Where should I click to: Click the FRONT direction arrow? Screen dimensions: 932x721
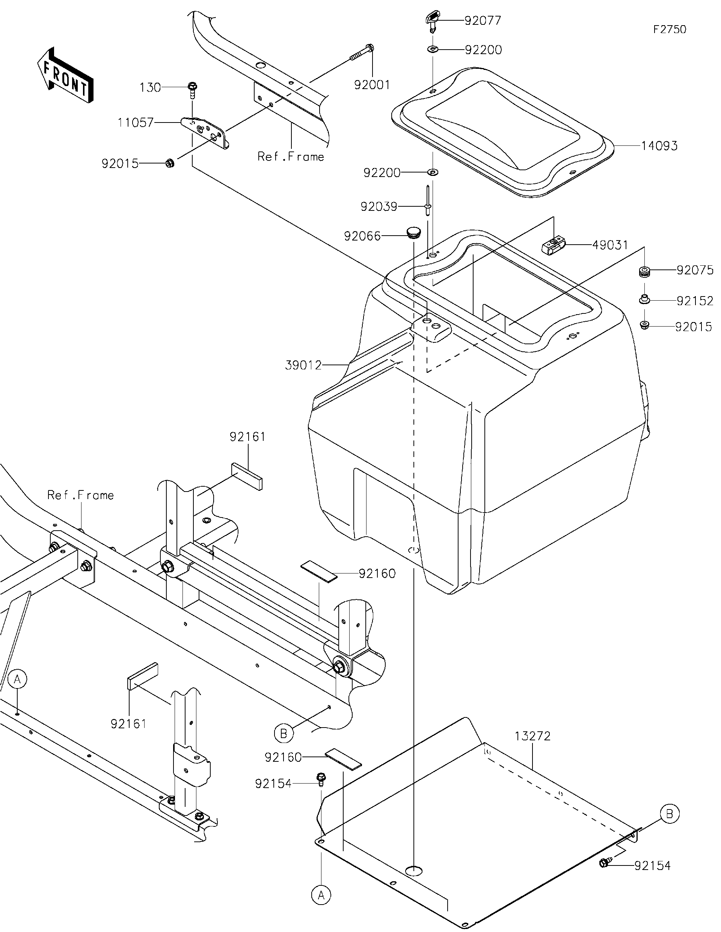tap(65, 76)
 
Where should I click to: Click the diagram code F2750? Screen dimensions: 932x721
tap(670, 29)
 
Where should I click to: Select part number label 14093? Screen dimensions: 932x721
tap(659, 146)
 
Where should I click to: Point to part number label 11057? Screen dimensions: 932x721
tap(136, 123)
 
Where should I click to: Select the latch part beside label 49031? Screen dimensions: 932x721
tap(554, 246)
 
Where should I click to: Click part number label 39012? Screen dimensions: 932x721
tap(303, 365)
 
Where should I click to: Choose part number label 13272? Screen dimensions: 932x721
tap(532, 736)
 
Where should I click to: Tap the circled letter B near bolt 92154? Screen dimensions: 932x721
tap(669, 814)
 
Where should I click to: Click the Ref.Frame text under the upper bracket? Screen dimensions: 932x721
tap(291, 157)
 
